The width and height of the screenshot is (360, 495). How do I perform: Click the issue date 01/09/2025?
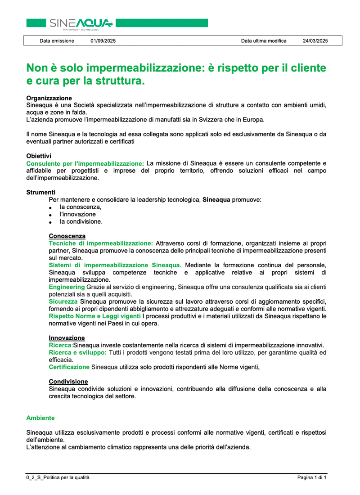[x=103, y=41]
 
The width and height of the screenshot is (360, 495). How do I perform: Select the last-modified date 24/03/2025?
[x=315, y=41]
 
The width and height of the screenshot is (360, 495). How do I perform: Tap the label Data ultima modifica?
[x=264, y=41]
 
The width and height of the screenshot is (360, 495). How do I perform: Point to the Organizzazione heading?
[x=49, y=98]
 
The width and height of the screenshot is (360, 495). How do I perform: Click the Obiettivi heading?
[x=39, y=156]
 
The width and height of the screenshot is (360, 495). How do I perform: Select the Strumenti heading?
[x=40, y=192]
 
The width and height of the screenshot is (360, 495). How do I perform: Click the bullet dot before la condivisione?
[x=51, y=222]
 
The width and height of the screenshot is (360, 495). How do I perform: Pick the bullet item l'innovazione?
[x=78, y=214]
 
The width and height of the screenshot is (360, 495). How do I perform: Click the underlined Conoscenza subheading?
[x=67, y=236]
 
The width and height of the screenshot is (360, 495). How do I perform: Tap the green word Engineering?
[x=67, y=287]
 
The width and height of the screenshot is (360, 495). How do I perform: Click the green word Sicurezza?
[x=63, y=301]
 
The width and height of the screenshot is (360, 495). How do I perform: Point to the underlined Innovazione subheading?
[x=67, y=337]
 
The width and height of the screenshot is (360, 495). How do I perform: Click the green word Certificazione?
[x=69, y=367]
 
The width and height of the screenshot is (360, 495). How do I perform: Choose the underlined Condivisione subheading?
[x=68, y=382]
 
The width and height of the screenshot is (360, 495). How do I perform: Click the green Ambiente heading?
[x=40, y=418]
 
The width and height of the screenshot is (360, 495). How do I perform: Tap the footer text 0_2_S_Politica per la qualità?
[x=58, y=477]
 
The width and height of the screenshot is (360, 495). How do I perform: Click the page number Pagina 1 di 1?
[x=312, y=477]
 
